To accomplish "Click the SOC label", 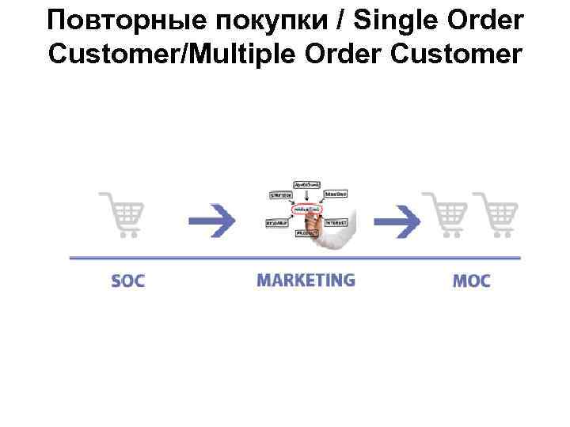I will click(127, 281).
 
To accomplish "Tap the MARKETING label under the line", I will click(306, 280).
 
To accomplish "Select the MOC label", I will click(472, 281).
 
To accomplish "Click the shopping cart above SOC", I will click(122, 213).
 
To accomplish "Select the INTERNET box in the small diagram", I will click(336, 223).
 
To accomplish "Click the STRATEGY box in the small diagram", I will click(280, 195).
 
